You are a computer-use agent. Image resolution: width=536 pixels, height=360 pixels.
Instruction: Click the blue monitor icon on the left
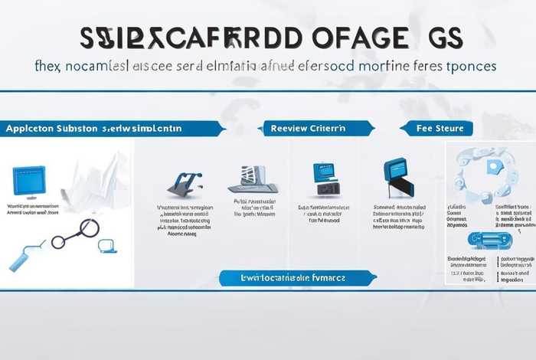point(30,180)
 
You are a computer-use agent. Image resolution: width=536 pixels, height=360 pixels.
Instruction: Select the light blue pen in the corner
point(21,258)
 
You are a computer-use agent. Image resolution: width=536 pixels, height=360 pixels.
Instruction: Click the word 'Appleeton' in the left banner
point(29,129)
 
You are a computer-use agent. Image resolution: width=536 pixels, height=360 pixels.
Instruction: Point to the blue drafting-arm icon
point(185,182)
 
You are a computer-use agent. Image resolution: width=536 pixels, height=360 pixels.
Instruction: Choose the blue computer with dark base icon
point(324,178)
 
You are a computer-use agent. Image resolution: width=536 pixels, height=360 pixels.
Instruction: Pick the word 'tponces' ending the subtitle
point(466,66)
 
